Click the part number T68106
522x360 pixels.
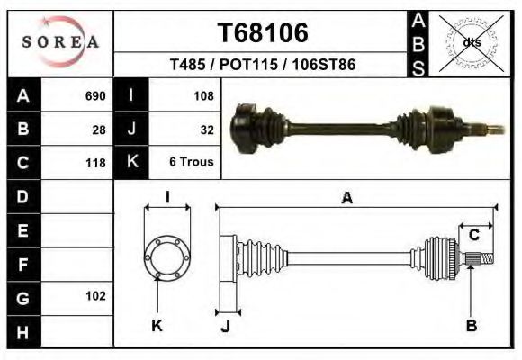263,33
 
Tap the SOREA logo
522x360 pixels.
60,41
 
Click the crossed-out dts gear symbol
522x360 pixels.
471,42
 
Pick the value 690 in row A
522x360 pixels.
95,96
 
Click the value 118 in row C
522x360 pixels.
95,163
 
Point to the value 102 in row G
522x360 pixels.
95,296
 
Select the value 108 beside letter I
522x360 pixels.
202,96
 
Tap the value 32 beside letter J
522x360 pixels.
206,130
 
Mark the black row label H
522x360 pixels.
23,331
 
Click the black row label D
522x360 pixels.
23,196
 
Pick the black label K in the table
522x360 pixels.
131,163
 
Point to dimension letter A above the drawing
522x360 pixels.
346,199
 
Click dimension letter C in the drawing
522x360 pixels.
473,236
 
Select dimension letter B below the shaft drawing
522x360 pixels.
471,326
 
